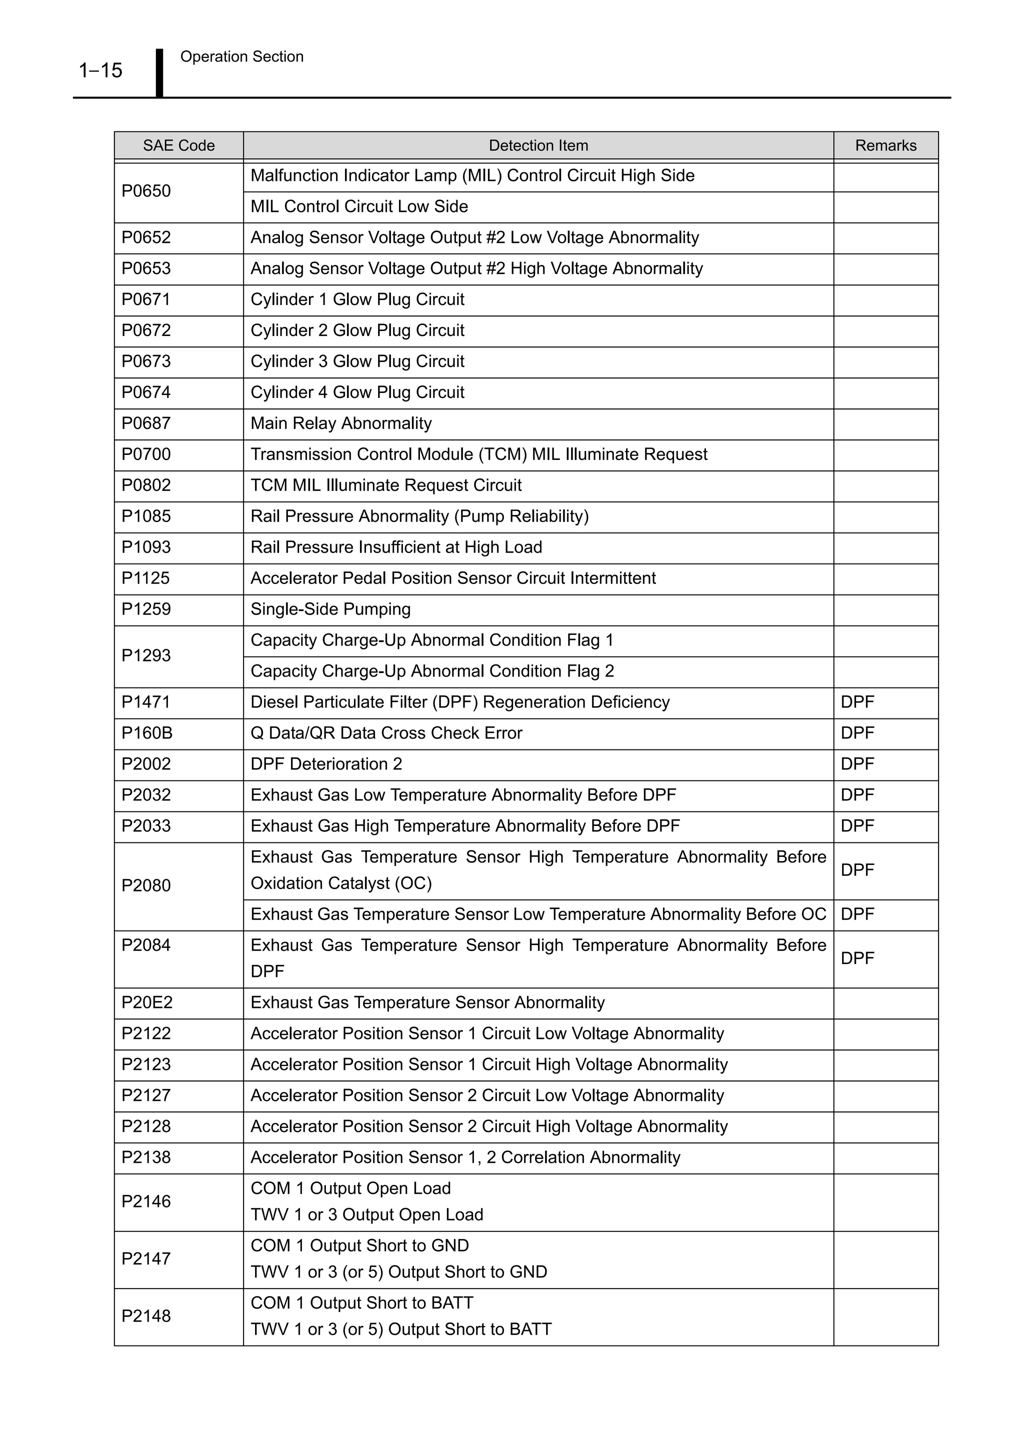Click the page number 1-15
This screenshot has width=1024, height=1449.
[x=100, y=70]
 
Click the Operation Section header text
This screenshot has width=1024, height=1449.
[x=241, y=57]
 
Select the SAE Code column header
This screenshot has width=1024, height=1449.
[x=178, y=146]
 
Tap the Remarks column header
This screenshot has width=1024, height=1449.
[x=885, y=146]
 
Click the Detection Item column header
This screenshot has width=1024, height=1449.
[x=538, y=146]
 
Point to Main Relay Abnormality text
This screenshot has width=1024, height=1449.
[x=340, y=423]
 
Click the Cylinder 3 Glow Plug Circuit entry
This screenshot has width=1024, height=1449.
[x=357, y=361]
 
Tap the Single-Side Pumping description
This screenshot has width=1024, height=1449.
[x=330, y=609]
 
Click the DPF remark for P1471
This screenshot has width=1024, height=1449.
[x=857, y=702]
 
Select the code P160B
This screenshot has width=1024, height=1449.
[x=146, y=733]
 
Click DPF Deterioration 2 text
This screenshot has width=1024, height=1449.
[x=326, y=764]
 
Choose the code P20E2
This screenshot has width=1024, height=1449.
[x=146, y=1003]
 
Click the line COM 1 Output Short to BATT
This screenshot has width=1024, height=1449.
[x=361, y=1303]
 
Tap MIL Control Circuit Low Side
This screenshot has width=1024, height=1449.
[x=359, y=207]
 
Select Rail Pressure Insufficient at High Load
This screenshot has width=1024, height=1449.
[x=396, y=547]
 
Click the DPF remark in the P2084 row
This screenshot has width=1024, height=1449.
[x=857, y=958]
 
